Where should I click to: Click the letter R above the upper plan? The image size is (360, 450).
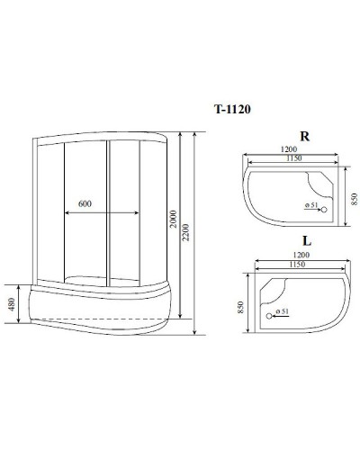tap(304, 137)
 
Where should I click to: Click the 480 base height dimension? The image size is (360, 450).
tap(11, 305)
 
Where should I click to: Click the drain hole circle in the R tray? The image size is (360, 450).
tap(325, 211)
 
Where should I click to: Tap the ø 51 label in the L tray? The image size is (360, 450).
tap(281, 311)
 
